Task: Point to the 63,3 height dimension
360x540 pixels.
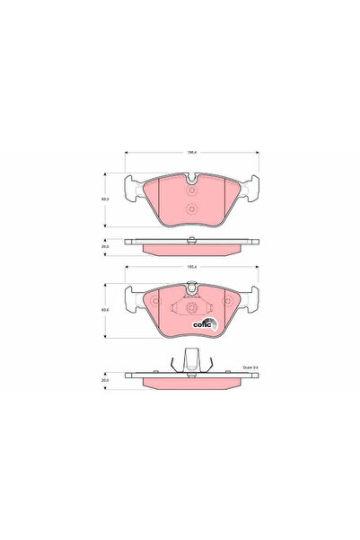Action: click(x=105, y=199)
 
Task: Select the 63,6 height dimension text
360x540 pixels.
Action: click(x=105, y=312)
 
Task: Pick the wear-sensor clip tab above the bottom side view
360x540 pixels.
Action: click(x=191, y=359)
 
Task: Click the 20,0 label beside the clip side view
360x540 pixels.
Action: click(x=105, y=380)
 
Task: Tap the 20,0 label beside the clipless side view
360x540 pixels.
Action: click(x=105, y=244)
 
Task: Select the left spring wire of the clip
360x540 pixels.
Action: click(x=170, y=365)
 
